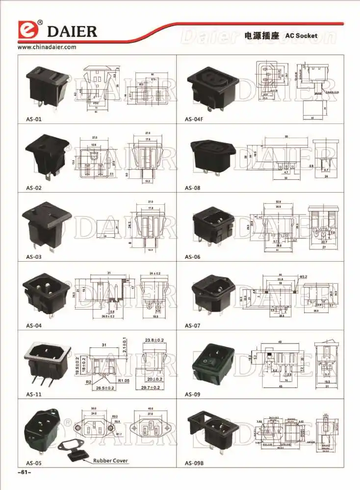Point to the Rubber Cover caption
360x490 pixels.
[111, 461]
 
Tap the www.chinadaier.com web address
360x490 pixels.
[47, 48]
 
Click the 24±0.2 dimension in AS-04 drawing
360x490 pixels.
[154, 273]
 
